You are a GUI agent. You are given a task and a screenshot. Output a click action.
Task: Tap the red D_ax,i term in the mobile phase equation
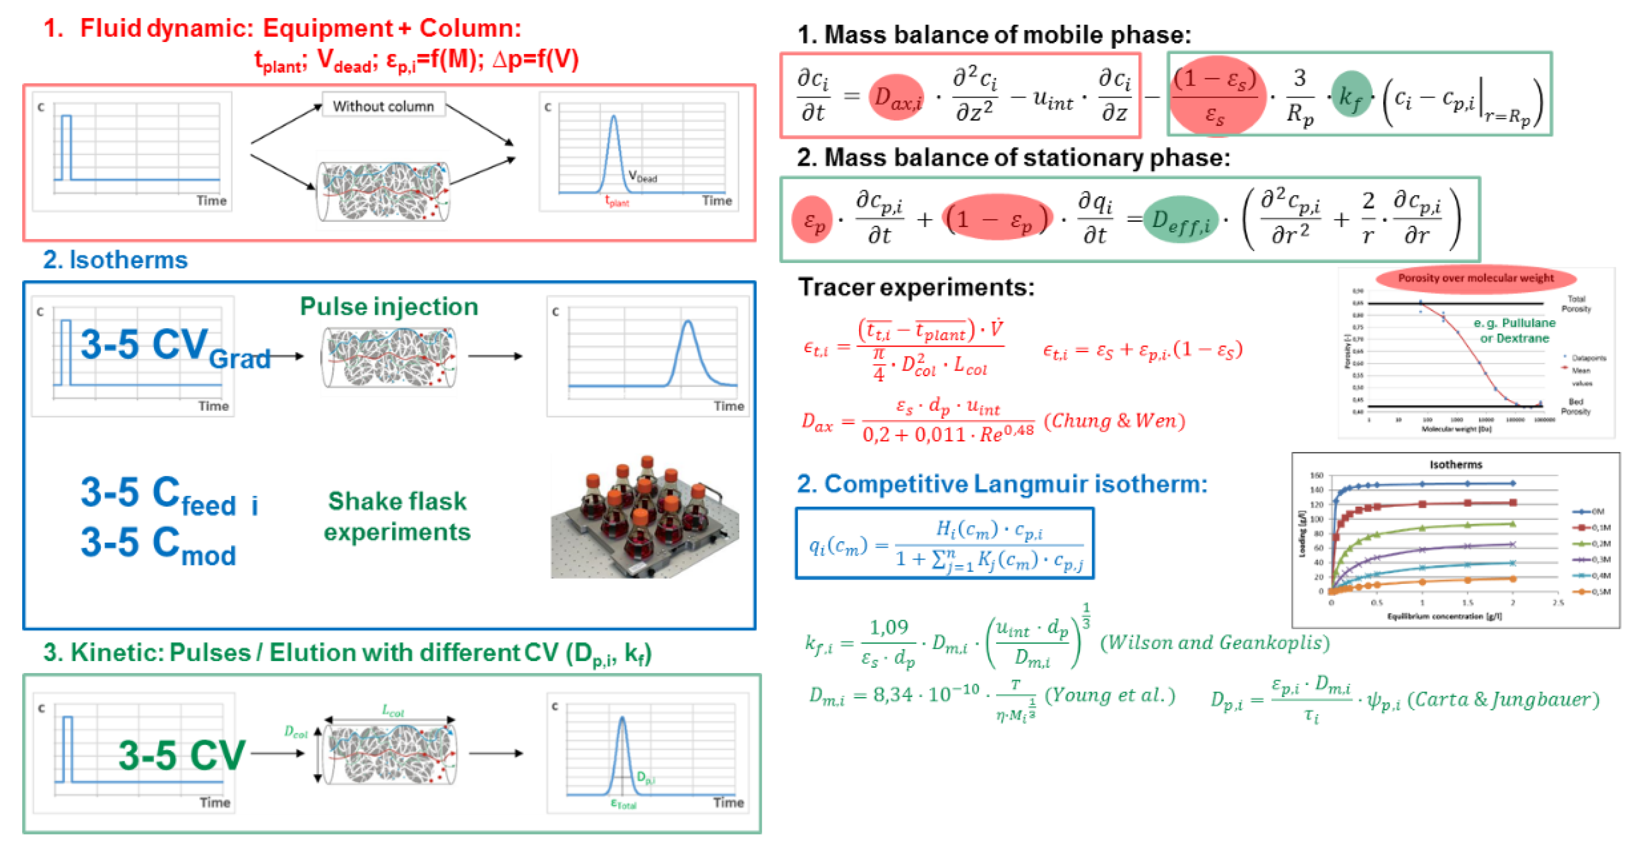(x=896, y=98)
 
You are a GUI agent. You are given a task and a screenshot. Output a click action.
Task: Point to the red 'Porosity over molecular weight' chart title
(x=1475, y=278)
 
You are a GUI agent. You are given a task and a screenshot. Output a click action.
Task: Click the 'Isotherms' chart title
(x=1455, y=465)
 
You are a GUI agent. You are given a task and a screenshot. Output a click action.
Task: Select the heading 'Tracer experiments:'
(x=915, y=287)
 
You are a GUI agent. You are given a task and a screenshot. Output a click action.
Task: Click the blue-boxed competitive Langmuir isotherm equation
(x=945, y=543)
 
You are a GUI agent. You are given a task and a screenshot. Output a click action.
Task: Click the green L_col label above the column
(x=393, y=712)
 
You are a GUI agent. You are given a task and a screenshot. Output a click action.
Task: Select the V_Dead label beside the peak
(x=642, y=176)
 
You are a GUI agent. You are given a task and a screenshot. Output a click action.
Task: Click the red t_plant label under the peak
(x=617, y=202)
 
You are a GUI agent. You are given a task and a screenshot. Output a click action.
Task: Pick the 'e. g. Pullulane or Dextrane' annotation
(x=1514, y=330)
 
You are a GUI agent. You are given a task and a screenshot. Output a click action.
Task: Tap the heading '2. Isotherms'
(x=116, y=260)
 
